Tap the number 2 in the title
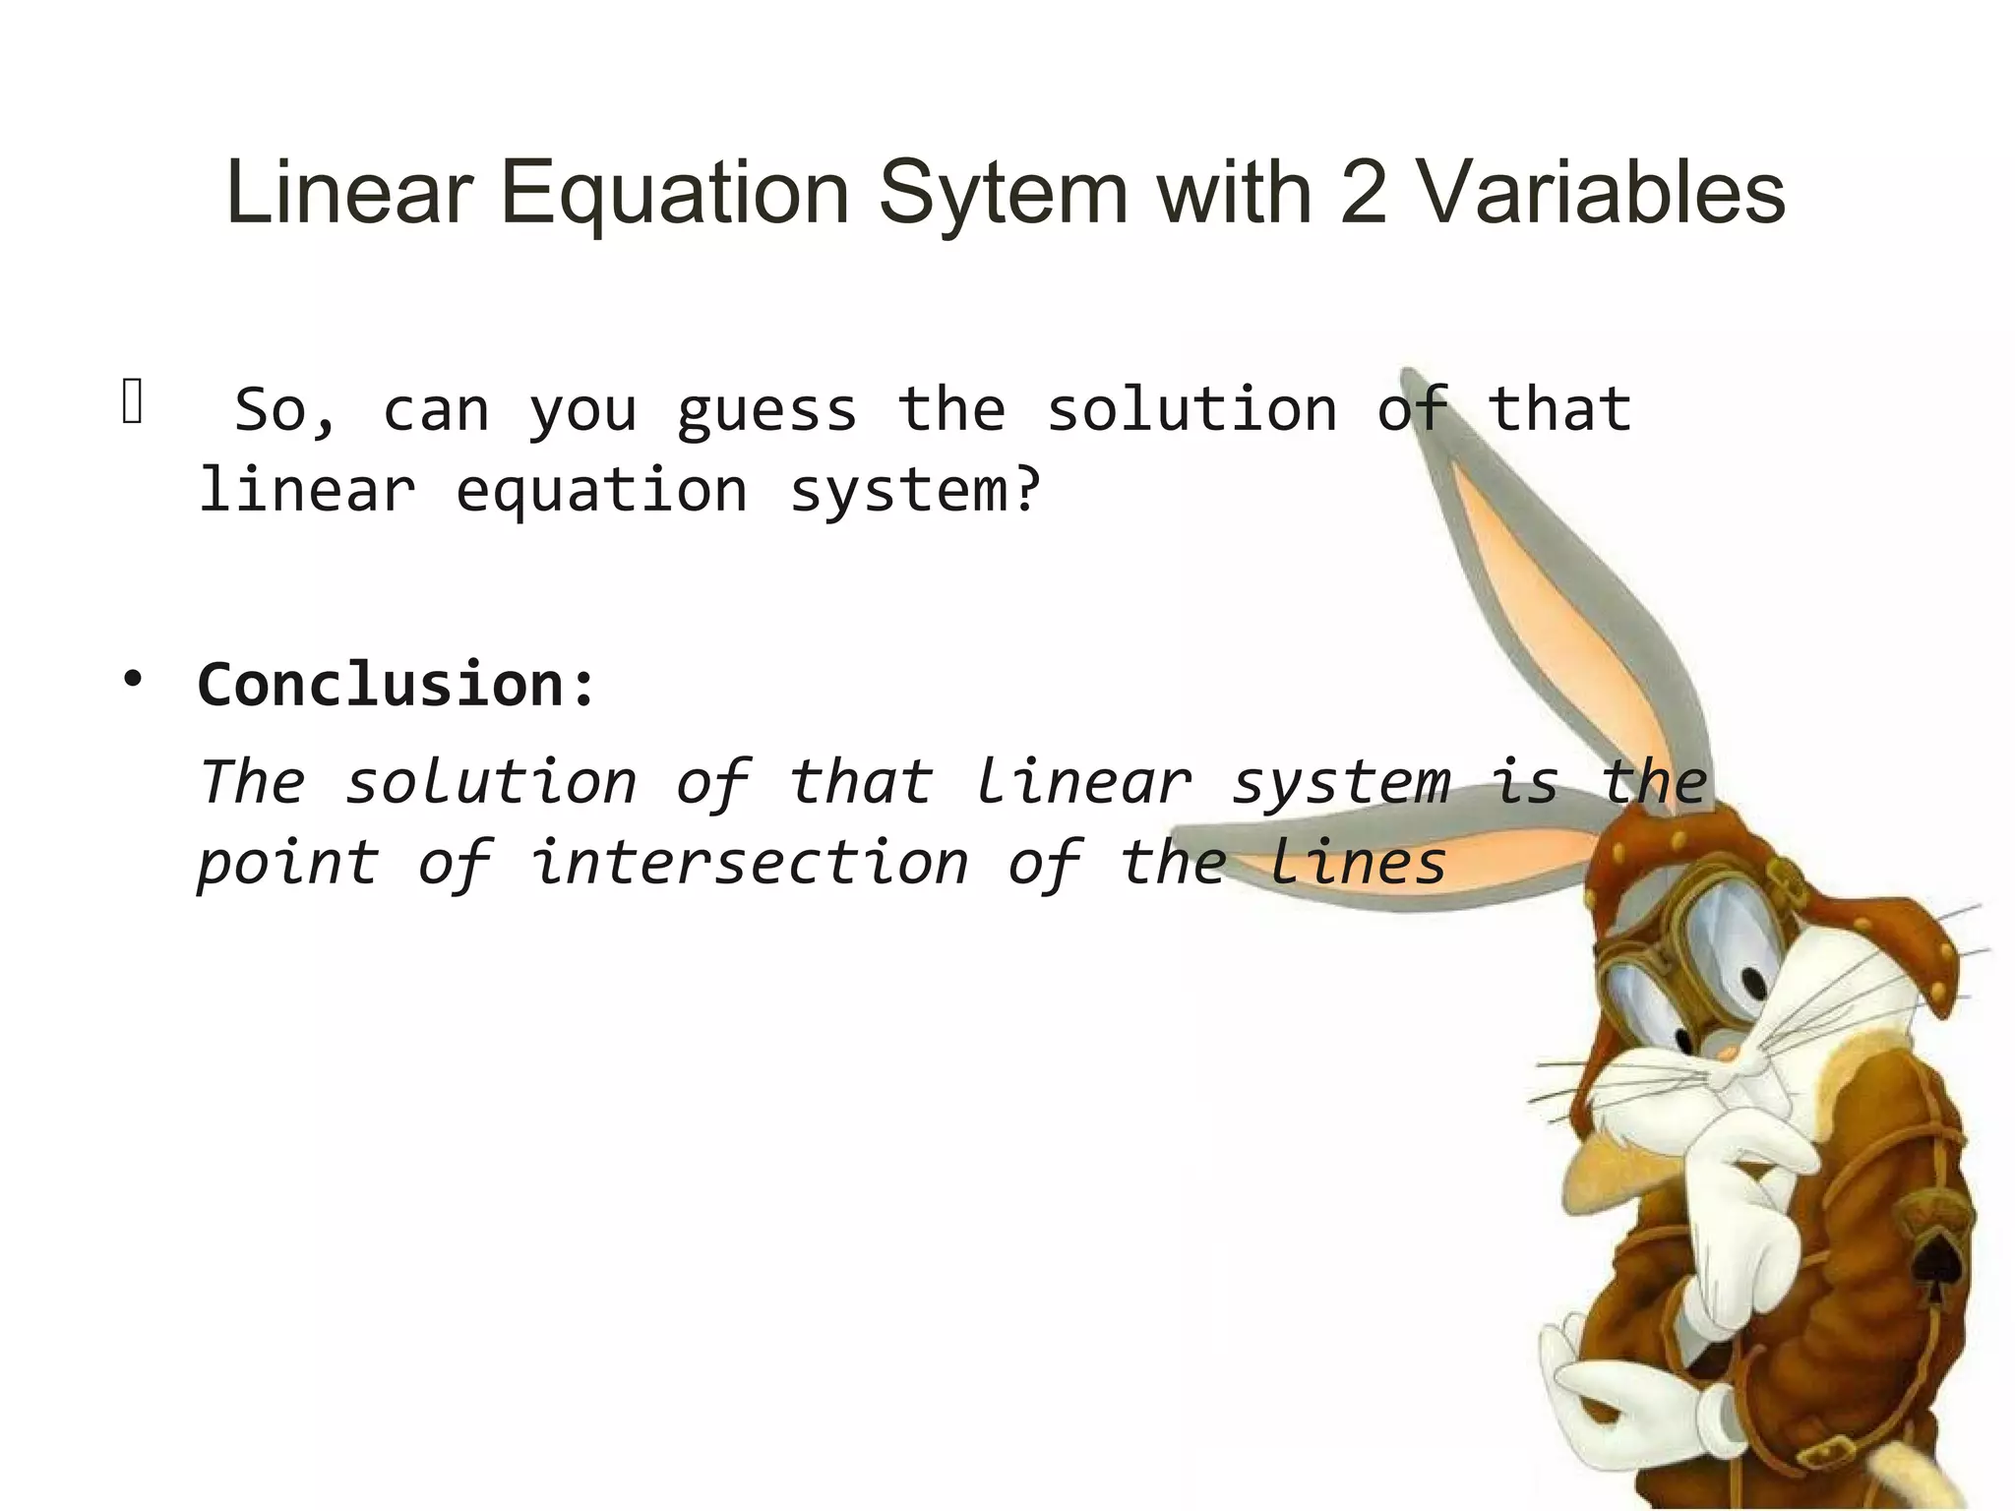1363,194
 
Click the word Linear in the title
349,194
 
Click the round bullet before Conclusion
133,679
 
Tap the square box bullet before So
133,402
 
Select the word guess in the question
766,410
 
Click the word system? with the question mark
915,491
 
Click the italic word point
287,864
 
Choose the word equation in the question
601,491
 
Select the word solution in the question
1191,410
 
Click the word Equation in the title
674,194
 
